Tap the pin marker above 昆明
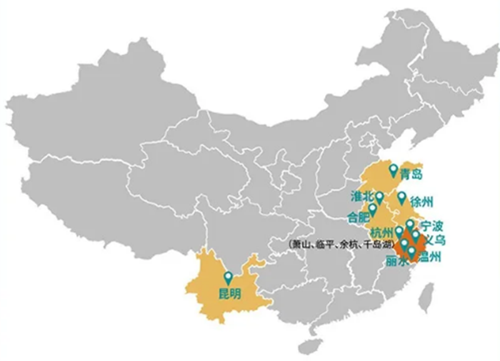227,278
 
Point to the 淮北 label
362,196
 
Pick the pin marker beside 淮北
379,198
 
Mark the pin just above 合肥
373,209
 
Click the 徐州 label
422,202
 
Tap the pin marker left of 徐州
402,197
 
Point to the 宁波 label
432,225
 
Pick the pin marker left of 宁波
410,225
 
